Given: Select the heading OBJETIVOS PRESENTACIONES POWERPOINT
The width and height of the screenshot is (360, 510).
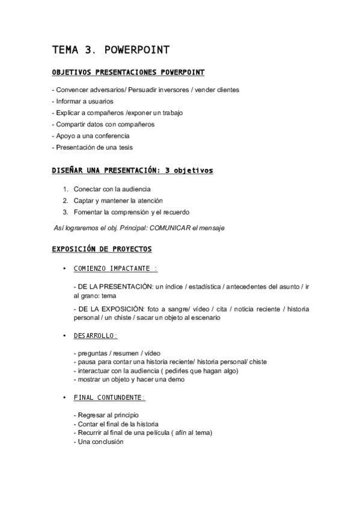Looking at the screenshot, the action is click(128, 73).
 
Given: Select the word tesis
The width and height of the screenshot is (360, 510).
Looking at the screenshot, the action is click(126, 147).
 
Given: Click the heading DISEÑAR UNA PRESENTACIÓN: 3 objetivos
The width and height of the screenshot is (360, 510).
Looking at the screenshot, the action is click(132, 171).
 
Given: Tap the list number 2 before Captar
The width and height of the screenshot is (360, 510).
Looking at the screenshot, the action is click(65, 200).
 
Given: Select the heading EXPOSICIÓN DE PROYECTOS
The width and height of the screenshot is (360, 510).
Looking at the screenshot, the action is click(102, 248).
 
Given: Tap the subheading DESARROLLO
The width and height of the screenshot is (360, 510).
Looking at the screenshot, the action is click(96, 336).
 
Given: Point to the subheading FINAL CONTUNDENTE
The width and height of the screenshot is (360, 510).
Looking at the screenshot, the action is click(109, 398).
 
